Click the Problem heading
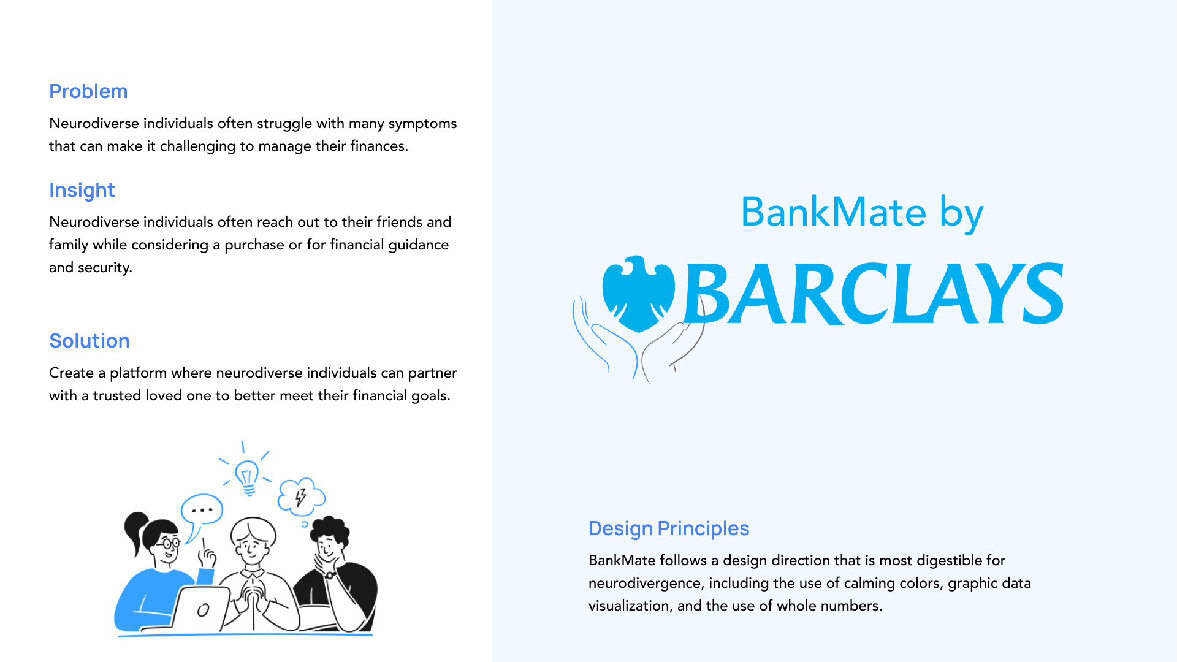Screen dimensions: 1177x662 point(88,91)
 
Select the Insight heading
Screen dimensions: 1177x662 point(82,191)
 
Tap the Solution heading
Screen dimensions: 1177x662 point(90,341)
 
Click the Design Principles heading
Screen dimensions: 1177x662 point(669,528)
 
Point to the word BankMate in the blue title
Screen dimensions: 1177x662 point(834,212)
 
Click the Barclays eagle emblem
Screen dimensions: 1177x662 point(638,294)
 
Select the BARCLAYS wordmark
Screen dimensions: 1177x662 point(874,294)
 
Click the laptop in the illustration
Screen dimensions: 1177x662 point(199,609)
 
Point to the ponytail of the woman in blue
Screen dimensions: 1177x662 point(134,531)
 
